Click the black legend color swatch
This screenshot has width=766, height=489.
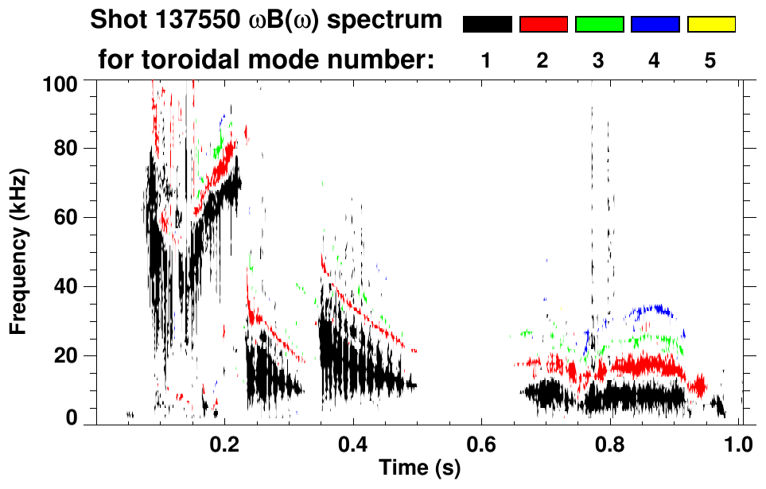pyautogui.click(x=487, y=25)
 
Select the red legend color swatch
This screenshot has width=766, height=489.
pyautogui.click(x=543, y=25)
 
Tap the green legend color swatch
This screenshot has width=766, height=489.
pyautogui.click(x=599, y=25)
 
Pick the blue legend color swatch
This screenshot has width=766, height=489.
pyautogui.click(x=655, y=25)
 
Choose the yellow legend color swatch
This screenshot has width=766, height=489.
pyautogui.click(x=711, y=25)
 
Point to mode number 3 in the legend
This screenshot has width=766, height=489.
pyautogui.click(x=598, y=60)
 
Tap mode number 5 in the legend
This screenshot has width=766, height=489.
pyautogui.click(x=710, y=60)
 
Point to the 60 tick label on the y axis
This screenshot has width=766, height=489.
pyautogui.click(x=67, y=218)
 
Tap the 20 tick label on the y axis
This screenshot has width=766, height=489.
pyautogui.click(x=67, y=355)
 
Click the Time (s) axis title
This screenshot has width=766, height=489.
pyautogui.click(x=419, y=469)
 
